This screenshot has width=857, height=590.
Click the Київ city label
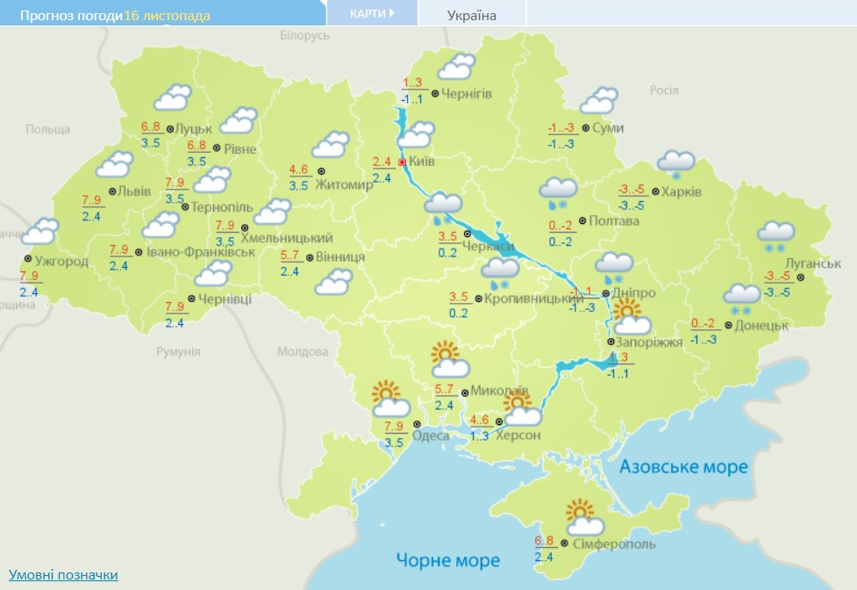pyautogui.click(x=422, y=162)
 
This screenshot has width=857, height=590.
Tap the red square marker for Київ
pyautogui.click(x=402, y=162)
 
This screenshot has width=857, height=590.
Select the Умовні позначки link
pyautogui.click(x=63, y=575)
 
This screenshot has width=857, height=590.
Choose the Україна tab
pyautogui.click(x=472, y=15)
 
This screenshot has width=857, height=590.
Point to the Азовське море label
pyautogui.click(x=684, y=467)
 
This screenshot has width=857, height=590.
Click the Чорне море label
pyautogui.click(x=447, y=560)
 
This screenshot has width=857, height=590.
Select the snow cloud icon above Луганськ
pyautogui.click(x=776, y=236)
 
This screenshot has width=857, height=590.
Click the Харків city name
pyautogui.click(x=682, y=192)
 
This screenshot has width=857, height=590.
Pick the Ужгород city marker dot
pyautogui.click(x=29, y=260)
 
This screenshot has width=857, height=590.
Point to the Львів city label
pyautogui.click(x=136, y=191)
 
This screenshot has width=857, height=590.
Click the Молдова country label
pyautogui.click(x=303, y=351)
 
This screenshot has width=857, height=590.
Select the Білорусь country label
pyautogui.click(x=304, y=36)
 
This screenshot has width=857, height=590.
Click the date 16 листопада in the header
pyautogui.click(x=168, y=16)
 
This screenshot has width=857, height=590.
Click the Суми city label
pyautogui.click(x=608, y=128)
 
